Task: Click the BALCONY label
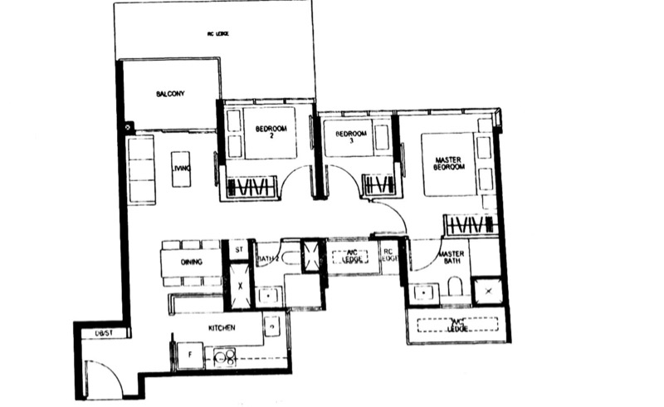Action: tap(169, 95)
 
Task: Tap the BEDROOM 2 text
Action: tap(271, 132)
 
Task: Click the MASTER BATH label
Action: tap(452, 258)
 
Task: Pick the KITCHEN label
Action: tap(223, 328)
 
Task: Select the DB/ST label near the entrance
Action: tap(103, 333)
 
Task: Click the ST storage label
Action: tap(237, 248)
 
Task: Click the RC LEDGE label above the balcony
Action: tap(217, 34)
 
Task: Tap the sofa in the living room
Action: tap(141, 170)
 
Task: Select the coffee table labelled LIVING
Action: tap(181, 169)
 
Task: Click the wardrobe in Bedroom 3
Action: tap(377, 184)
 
